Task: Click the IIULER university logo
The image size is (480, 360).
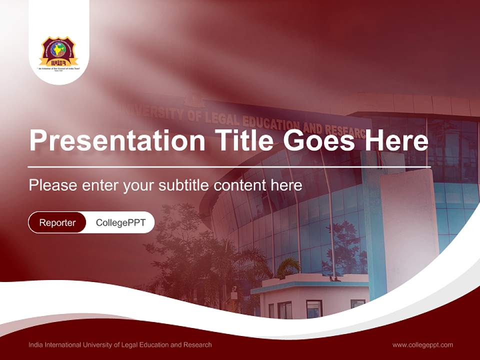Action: pos(59,52)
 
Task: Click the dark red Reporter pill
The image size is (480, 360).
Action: pos(57,222)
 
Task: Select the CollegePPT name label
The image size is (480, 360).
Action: pos(120,222)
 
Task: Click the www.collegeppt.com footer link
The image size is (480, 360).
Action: pos(422,344)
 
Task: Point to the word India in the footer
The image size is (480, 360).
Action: pos(36,344)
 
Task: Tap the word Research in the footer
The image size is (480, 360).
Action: pos(198,344)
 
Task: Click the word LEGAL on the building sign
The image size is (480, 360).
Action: pos(219,118)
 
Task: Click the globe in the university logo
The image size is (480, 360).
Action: pos(59,49)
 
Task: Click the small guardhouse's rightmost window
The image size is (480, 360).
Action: pos(357,304)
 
